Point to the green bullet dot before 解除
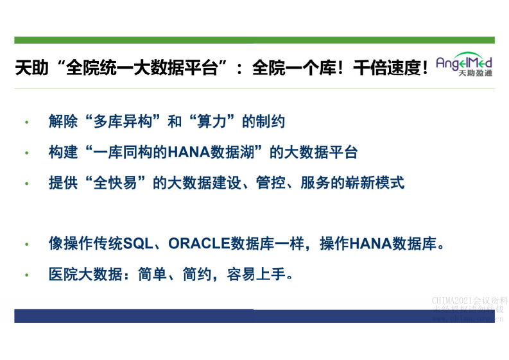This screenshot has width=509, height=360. click(26, 122)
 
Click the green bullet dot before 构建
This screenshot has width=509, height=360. click(26, 153)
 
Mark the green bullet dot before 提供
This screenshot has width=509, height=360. click(26, 184)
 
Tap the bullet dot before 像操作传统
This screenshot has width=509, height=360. click(26, 245)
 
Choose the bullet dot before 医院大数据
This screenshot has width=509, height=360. click(26, 275)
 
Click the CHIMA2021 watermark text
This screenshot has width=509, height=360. click(469, 300)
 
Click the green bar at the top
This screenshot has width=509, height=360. click(254, 40)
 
